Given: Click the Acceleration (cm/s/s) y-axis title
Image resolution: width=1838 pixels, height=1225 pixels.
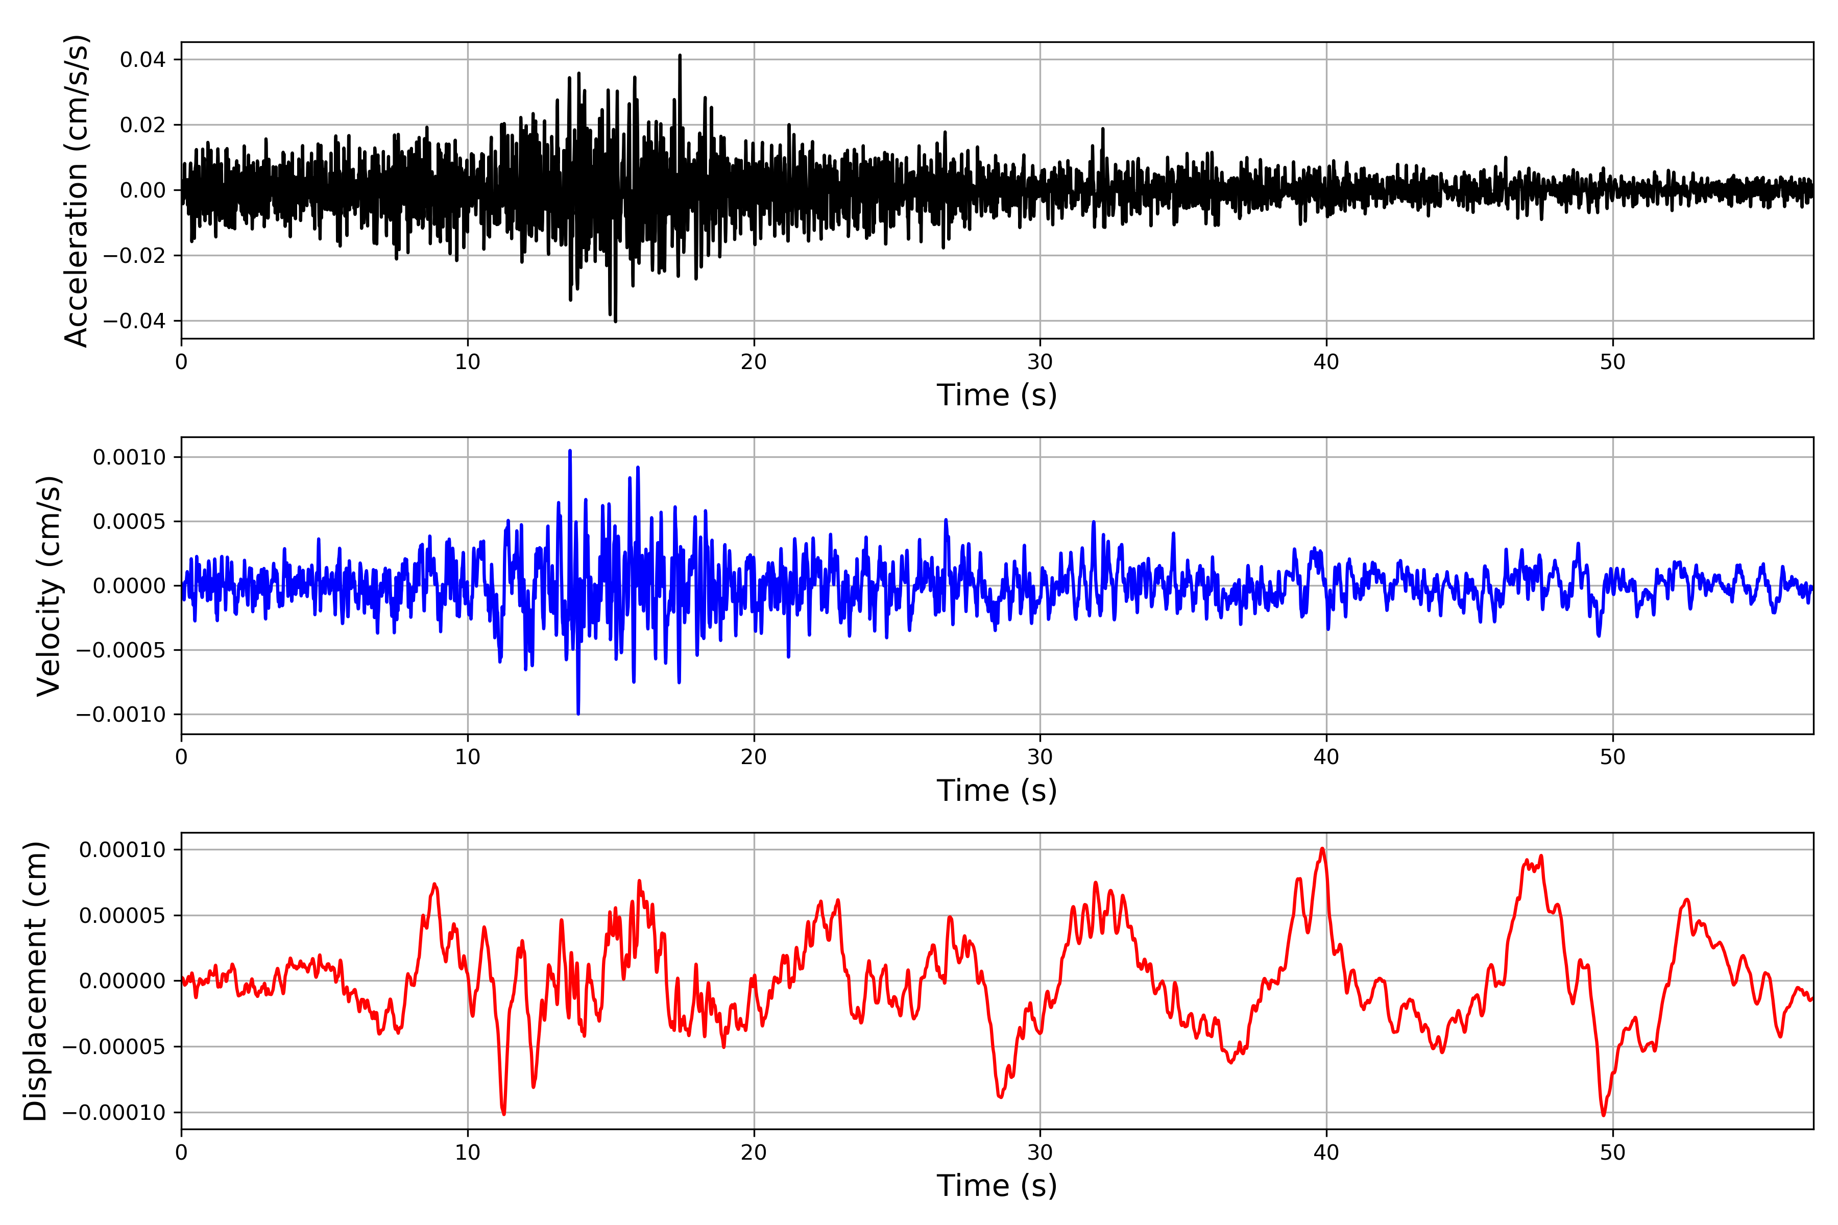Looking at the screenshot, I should point(76,190).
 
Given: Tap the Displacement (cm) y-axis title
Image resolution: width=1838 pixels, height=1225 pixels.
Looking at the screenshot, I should point(35,981).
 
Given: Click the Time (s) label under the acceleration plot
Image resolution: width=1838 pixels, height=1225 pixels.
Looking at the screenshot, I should point(997,395).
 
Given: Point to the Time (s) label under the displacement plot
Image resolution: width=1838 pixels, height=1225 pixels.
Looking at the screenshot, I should point(997,1186).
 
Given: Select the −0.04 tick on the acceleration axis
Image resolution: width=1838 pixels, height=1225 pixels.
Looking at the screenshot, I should point(134,321).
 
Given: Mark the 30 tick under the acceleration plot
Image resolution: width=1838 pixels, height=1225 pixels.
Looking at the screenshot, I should point(1039,362).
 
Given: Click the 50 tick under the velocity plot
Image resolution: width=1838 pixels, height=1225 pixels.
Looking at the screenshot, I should point(1612,757).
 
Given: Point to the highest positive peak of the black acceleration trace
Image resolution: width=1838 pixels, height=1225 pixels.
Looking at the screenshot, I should point(680,56).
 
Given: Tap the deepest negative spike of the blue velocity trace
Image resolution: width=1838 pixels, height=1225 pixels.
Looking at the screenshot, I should point(578,713).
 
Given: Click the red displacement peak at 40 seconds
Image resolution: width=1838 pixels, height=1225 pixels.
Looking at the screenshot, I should point(1322,849).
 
